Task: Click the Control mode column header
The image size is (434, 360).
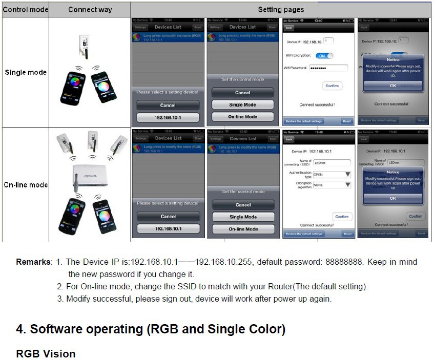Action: [26, 10]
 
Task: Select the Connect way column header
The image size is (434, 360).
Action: [90, 10]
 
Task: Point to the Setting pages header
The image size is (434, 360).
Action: [281, 10]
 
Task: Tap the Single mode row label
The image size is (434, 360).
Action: [26, 72]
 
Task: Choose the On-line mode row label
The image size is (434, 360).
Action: [26, 185]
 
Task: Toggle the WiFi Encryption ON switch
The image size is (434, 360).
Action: [324, 55]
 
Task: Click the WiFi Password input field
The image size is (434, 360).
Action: [329, 68]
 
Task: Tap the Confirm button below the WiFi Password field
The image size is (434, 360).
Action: [332, 86]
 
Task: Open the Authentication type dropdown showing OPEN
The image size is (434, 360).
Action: [332, 174]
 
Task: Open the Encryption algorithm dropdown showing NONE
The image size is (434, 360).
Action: [332, 185]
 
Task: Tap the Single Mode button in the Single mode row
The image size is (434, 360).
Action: [243, 104]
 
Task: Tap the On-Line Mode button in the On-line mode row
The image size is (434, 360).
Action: [243, 229]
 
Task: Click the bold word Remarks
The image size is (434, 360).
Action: [33, 262]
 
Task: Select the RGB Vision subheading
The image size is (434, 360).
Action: [46, 353]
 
